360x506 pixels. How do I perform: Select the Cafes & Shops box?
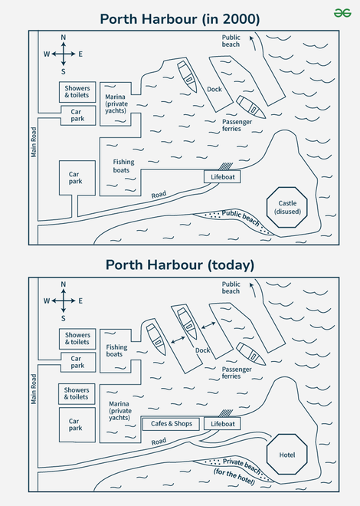coord(171,424)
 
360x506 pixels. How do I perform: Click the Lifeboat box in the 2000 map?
coord(222,177)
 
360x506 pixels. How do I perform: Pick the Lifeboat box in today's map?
coord(222,424)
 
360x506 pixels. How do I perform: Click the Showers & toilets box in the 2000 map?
coord(77,92)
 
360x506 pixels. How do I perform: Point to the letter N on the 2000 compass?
coord(63,38)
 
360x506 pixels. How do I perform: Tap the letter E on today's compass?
coord(80,301)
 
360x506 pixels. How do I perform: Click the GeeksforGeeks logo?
coord(342,13)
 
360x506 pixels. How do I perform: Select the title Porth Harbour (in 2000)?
coord(180,19)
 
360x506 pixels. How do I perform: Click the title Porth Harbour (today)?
coord(180,265)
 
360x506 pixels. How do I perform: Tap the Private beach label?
coord(242,466)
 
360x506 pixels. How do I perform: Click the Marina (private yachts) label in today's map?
coord(120,410)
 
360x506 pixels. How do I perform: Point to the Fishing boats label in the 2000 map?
coord(123,166)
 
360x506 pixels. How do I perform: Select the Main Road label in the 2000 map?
coord(34,143)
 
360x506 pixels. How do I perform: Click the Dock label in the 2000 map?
coord(214,90)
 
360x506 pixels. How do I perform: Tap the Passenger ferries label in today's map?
coord(237,373)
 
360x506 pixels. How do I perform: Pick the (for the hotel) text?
coord(234,477)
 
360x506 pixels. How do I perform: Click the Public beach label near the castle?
coord(241,219)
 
